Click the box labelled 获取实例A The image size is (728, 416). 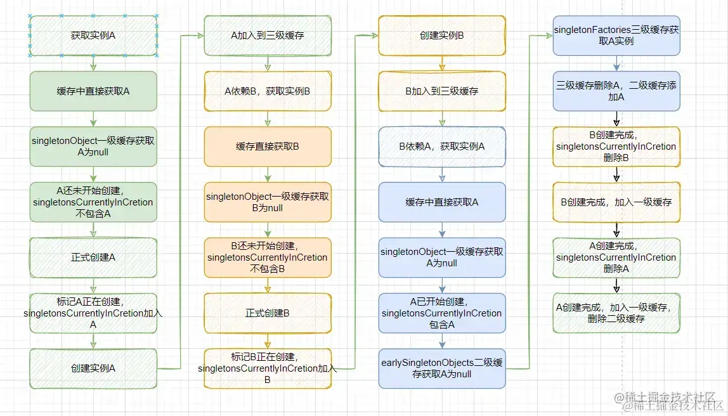coord(93,36)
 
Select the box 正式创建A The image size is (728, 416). coord(93,257)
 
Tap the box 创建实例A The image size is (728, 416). coord(93,368)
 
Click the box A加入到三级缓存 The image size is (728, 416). coord(267,36)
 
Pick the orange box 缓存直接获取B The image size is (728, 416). coord(267,146)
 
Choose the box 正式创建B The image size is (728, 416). coord(267,313)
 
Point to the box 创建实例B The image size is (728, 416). coord(442,36)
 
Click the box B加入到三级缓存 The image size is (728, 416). coord(442,91)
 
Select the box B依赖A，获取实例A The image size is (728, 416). coord(442,146)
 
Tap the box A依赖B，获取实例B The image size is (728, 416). coord(267,91)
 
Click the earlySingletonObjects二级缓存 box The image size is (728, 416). coord(442,368)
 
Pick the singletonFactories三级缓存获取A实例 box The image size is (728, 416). coord(616,36)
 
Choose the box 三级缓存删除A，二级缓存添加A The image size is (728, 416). coord(616,91)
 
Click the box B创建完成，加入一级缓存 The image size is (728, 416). coord(616,202)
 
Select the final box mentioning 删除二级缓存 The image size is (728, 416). coord(616,313)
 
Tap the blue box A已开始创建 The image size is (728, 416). coord(442,313)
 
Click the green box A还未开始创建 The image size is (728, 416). coord(93,202)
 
